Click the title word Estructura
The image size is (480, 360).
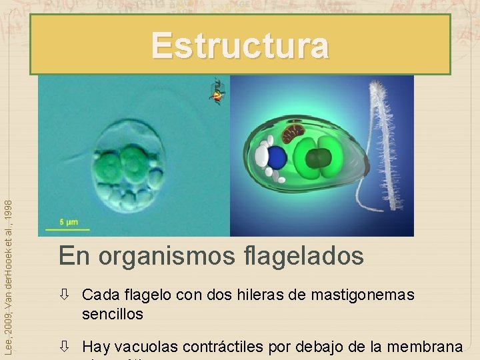pyautogui.click(x=240, y=46)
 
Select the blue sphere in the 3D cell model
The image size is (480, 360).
pyautogui.click(x=276, y=157)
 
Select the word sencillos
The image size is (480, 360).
pyautogui.click(x=113, y=313)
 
